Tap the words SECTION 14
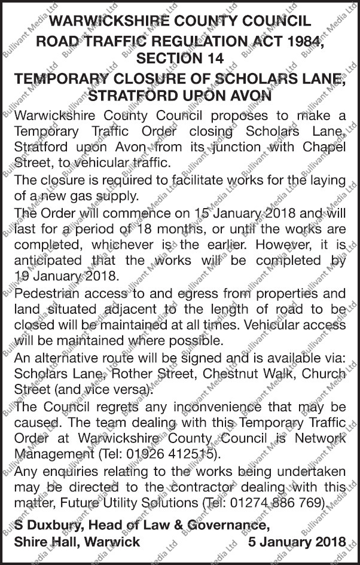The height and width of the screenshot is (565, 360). pos(179,58)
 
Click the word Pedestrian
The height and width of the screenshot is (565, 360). pos(50,294)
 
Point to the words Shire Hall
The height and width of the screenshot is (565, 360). pos(44,542)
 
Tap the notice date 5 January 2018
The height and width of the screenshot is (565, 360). pos(297,542)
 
